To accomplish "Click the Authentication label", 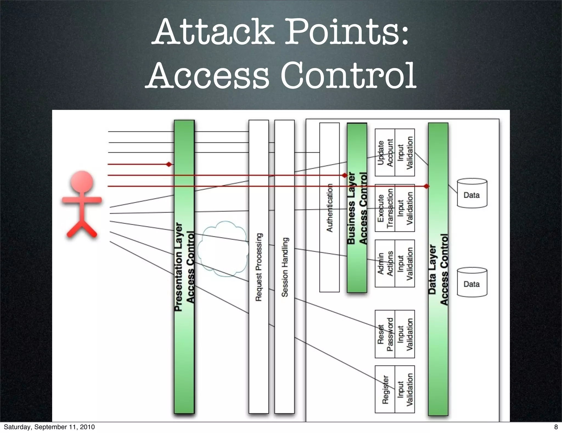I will (329, 208).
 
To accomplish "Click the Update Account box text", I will (385, 153).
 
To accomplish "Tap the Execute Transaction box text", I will (385, 208).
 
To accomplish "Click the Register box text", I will (385, 390).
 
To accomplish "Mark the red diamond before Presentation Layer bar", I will (169, 164).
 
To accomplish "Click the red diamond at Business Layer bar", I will (345, 175).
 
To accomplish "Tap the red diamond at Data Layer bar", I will (426, 186).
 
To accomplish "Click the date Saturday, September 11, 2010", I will (49, 427).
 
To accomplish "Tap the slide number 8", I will (556, 427).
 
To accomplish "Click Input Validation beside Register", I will (405, 390).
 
